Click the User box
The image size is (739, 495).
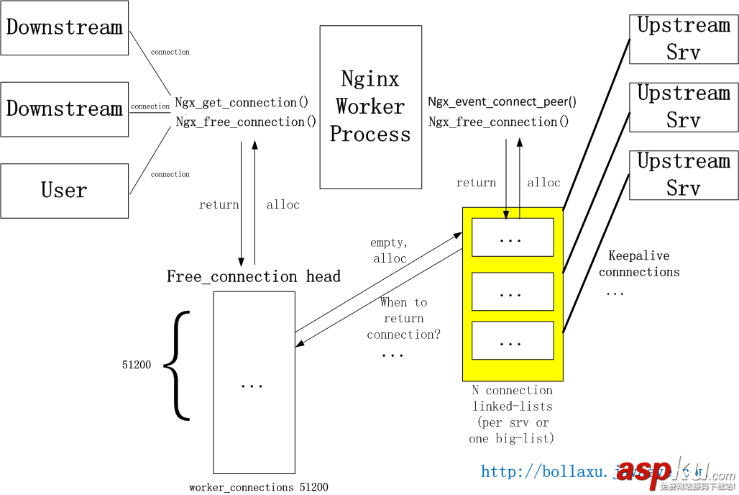[x=64, y=191]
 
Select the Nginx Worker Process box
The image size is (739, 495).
[x=370, y=107]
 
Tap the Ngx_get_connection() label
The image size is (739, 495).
[x=242, y=103]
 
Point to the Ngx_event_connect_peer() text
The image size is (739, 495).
[x=502, y=102]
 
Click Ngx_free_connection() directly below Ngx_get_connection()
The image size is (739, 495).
[x=246, y=122]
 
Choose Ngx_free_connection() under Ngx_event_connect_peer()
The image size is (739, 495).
[x=499, y=122]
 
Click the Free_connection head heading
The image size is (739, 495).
[x=253, y=276]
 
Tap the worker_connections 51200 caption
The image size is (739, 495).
[x=258, y=487]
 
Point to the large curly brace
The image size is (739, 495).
[x=177, y=365]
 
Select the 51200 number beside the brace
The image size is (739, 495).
[x=137, y=365]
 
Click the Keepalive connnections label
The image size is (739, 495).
[x=639, y=264]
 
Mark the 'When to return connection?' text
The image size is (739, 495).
[x=403, y=318]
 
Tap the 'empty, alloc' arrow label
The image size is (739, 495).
[x=389, y=250]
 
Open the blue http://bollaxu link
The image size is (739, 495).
[x=546, y=471]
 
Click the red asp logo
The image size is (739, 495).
[x=644, y=471]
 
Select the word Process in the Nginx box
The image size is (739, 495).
[x=370, y=135]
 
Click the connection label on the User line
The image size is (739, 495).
[x=170, y=174]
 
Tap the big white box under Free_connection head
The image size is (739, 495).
[x=254, y=382]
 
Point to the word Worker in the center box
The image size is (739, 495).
[x=370, y=106]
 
